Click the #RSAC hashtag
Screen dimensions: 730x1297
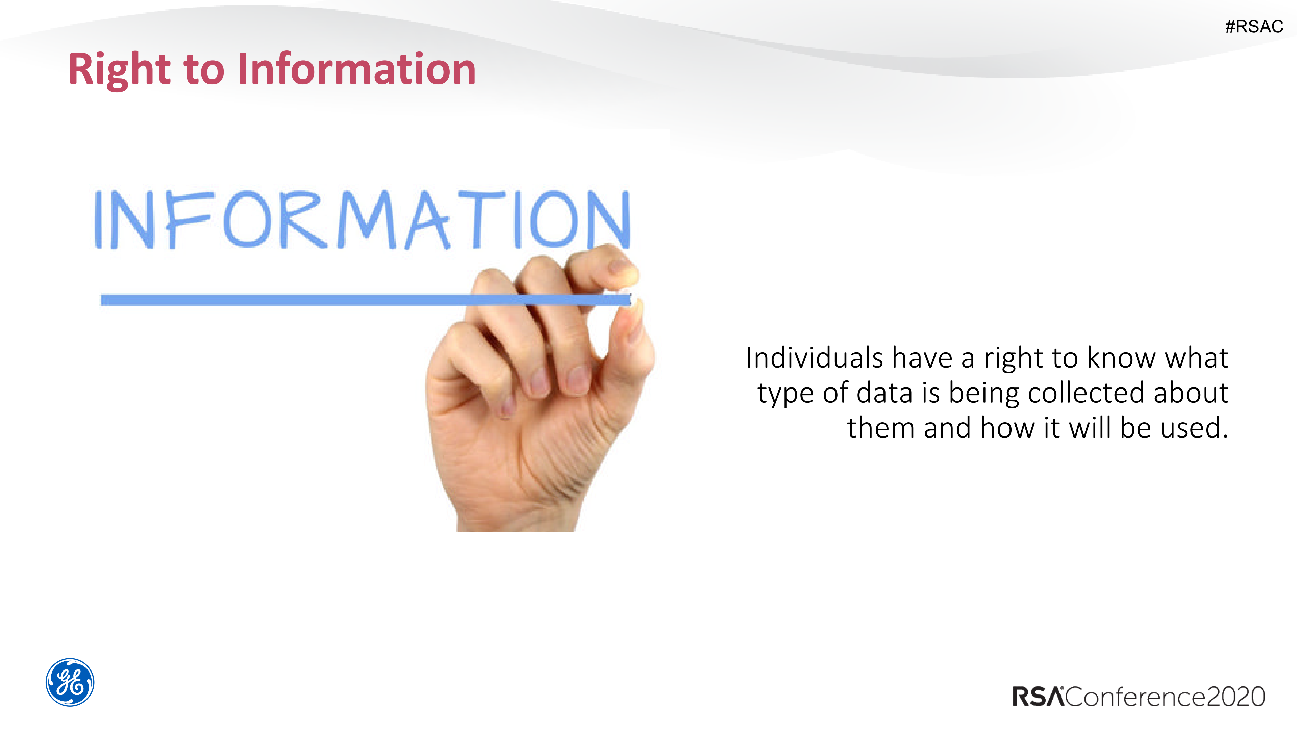point(1254,26)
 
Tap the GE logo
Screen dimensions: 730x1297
point(70,682)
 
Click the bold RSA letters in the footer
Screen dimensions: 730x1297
point(1038,697)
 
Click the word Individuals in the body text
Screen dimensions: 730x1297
point(814,358)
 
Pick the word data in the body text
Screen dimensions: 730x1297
point(884,393)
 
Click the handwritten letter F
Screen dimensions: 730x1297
point(186,220)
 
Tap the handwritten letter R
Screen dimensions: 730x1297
point(302,220)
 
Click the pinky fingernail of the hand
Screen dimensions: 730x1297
point(507,405)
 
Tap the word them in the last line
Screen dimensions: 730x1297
point(880,428)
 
